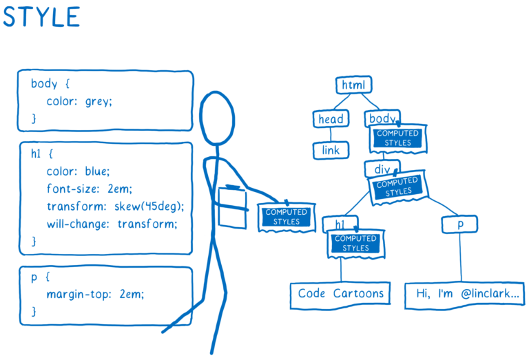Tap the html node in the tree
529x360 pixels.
[x=354, y=85]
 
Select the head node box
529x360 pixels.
[x=331, y=119]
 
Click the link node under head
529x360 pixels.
[x=331, y=150]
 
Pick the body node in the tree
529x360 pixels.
[x=381, y=118]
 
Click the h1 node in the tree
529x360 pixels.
[x=339, y=224]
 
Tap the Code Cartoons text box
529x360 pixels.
[x=341, y=294]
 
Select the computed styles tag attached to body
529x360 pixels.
[x=399, y=138]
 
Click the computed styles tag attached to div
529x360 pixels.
[x=398, y=187]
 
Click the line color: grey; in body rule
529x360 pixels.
[x=79, y=101]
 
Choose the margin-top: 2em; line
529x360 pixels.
[x=96, y=295]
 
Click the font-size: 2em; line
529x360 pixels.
[x=89, y=189]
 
